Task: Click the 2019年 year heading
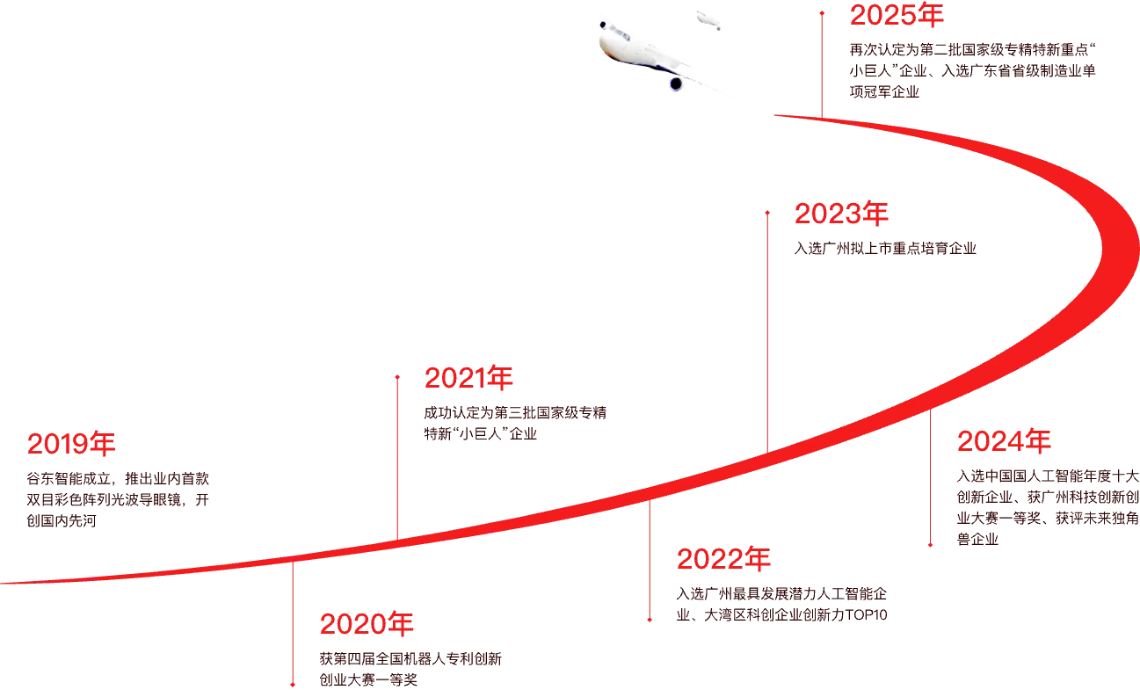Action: coord(71,444)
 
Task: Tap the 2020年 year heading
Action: coord(367,624)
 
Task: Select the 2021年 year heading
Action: coord(468,378)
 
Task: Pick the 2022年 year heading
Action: coord(723,559)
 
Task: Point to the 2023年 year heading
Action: coord(841,214)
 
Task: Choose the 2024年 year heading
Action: coord(1004,441)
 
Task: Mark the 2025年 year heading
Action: coord(897,15)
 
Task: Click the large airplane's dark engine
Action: coord(676,84)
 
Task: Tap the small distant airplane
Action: coord(708,20)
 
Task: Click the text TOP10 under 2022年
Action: coord(866,614)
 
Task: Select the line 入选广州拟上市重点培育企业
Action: coord(885,249)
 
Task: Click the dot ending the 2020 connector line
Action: coord(293,685)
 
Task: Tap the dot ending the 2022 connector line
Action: coord(650,620)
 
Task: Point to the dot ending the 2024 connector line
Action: coord(930,545)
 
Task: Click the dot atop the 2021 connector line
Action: coord(397,377)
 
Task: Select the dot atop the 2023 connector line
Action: coord(767,213)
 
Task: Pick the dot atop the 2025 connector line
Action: coord(822,13)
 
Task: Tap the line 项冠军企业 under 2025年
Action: coord(884,91)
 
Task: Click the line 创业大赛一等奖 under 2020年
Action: coord(368,679)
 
